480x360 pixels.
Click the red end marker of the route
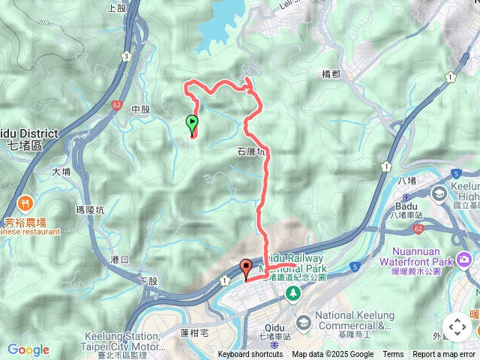pos(246,267)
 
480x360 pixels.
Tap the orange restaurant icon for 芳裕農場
pos(25,202)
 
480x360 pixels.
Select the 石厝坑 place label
pos(251,151)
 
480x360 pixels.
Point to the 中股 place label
pos(140,109)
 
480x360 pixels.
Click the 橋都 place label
pos(331,74)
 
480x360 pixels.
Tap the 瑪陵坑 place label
pos(91,210)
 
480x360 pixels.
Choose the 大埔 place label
pos(61,172)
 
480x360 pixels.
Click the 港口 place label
pos(119,259)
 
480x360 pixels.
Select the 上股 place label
pos(117,8)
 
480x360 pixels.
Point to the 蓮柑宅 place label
pos(194,331)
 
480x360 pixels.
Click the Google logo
pos(28,349)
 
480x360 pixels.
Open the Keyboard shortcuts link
pos(250,355)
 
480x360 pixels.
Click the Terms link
pos(393,355)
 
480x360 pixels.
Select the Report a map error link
pos(445,355)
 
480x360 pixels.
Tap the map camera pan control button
pos(457,327)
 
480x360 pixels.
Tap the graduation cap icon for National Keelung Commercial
pos(304,322)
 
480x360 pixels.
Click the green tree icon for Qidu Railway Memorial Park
pos(293,292)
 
